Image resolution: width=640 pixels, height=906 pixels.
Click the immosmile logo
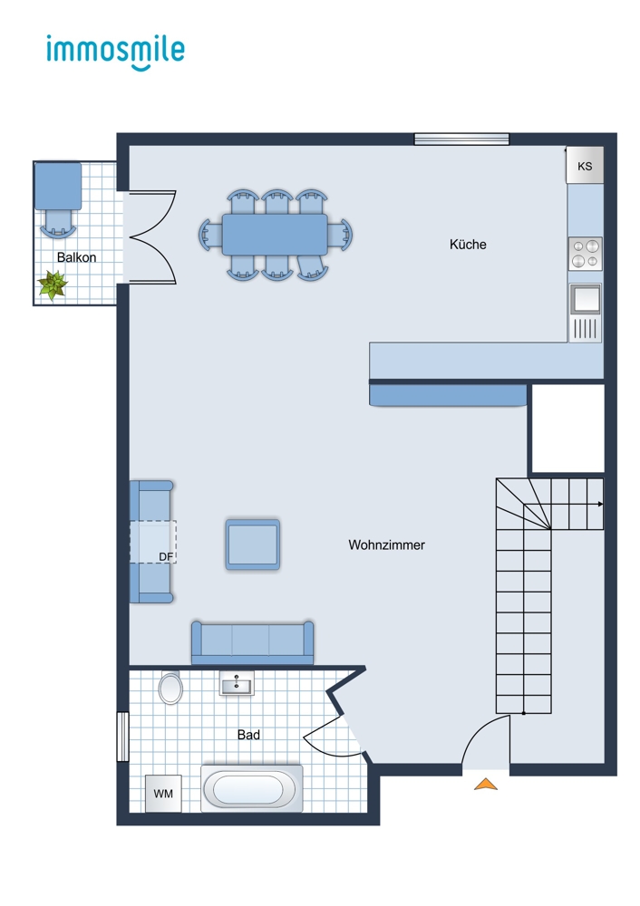(x=116, y=52)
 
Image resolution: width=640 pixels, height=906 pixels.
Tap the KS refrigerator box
(x=585, y=165)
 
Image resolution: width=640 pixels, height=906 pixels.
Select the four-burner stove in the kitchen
(x=585, y=254)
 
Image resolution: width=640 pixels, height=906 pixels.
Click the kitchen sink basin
(x=585, y=299)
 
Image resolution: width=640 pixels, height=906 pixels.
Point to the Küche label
(x=468, y=245)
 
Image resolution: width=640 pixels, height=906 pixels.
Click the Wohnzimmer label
(x=386, y=545)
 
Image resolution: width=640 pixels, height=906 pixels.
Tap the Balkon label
(x=76, y=257)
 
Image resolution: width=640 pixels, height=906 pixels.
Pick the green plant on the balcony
(x=53, y=285)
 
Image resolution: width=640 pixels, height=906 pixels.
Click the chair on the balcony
(x=58, y=223)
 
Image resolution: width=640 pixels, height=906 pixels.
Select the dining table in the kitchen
(x=275, y=234)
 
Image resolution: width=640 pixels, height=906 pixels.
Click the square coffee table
(x=253, y=545)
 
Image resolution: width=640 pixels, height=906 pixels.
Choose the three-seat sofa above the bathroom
(x=253, y=642)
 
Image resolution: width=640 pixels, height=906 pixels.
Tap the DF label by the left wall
(x=166, y=556)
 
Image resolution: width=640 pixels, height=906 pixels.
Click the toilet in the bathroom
(x=170, y=689)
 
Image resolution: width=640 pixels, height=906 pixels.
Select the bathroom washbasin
(x=237, y=683)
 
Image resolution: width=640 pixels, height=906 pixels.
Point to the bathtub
(x=251, y=789)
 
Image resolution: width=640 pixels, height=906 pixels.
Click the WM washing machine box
(x=163, y=794)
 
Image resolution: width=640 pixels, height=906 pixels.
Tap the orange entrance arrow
(x=486, y=784)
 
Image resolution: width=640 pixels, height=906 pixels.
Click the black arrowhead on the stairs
(x=600, y=505)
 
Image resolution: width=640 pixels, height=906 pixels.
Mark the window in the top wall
(x=461, y=139)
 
